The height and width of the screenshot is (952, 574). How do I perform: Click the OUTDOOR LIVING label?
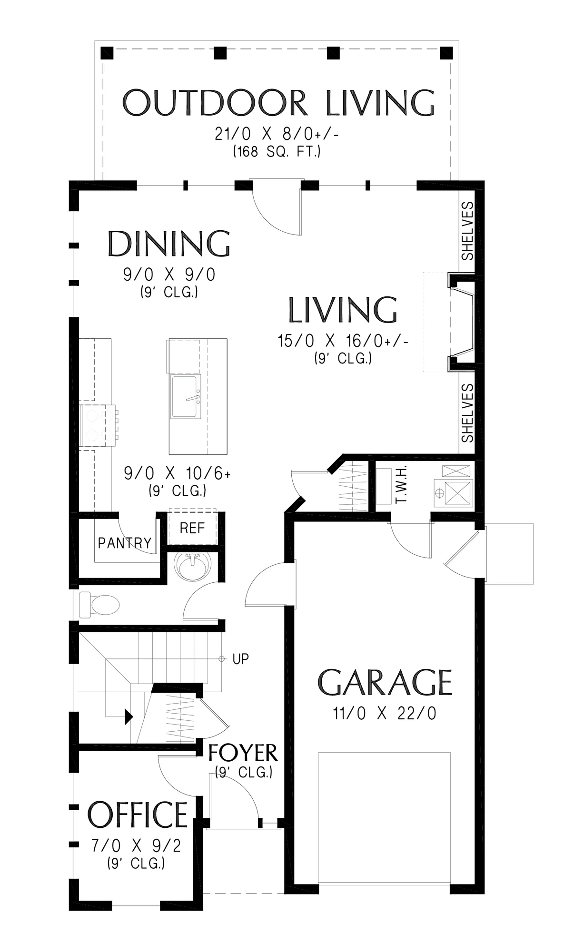pyautogui.click(x=278, y=103)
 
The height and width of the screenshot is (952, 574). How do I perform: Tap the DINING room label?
pyautogui.click(x=169, y=244)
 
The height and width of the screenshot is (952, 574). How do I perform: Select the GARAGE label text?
pyautogui.click(x=385, y=682)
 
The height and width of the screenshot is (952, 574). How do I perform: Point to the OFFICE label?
pyautogui.click(x=138, y=815)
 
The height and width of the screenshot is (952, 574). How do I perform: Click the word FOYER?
pyautogui.click(x=243, y=753)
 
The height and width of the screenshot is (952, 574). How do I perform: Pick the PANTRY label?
pyautogui.click(x=125, y=543)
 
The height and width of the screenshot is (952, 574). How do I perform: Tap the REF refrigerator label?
pyautogui.click(x=192, y=528)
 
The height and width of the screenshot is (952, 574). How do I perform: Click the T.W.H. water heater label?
pyautogui.click(x=401, y=484)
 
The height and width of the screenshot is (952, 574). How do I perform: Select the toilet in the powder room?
pyautogui.click(x=99, y=605)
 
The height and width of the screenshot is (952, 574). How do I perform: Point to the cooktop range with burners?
pyautogui.click(x=98, y=425)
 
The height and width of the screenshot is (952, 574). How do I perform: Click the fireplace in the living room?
pyautogui.click(x=461, y=322)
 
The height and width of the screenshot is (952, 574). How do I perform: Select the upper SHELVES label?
pyautogui.click(x=468, y=231)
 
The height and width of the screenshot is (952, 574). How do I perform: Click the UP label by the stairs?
pyautogui.click(x=241, y=659)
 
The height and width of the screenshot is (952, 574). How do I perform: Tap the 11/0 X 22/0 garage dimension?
pyautogui.click(x=385, y=714)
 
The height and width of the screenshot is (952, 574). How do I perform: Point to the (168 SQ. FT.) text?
pyautogui.click(x=277, y=152)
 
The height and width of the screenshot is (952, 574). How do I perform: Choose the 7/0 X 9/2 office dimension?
pyautogui.click(x=136, y=845)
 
